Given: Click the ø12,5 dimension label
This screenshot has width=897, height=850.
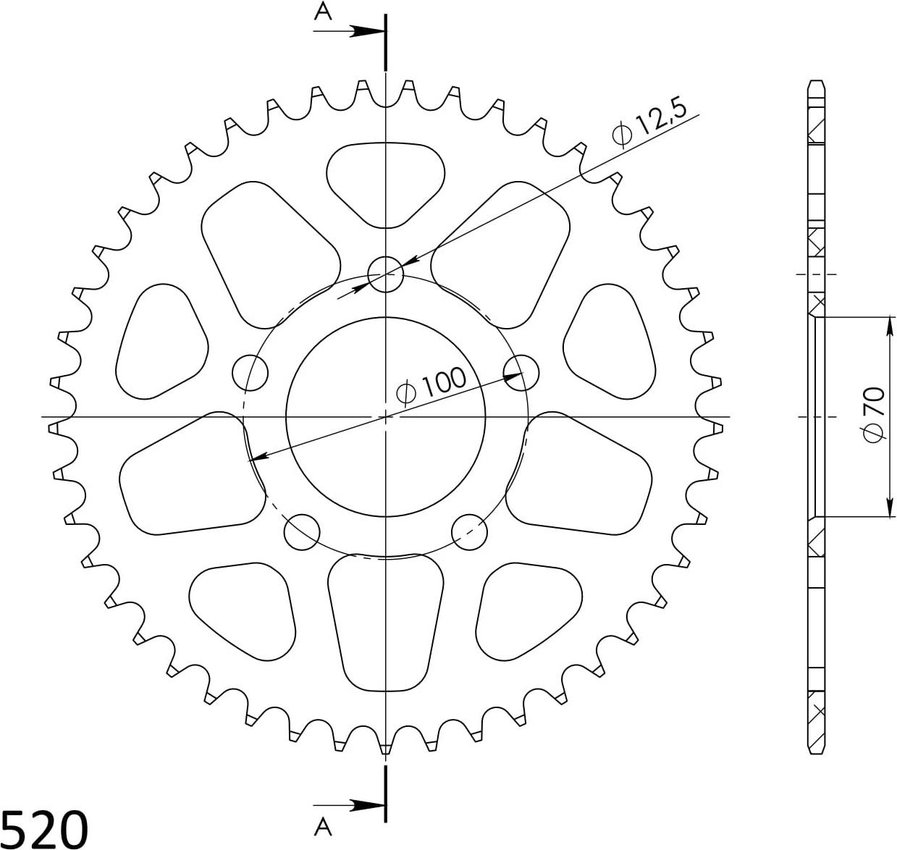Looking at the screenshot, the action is [x=649, y=124].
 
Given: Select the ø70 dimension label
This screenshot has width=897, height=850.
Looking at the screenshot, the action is [x=874, y=415].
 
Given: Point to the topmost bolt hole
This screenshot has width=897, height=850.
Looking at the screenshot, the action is [x=386, y=274].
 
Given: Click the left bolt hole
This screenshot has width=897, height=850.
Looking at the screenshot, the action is [x=250, y=373].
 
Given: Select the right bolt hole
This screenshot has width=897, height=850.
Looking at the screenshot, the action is [x=521, y=373].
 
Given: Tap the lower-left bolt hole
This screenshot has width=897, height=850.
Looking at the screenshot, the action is [x=302, y=532].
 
